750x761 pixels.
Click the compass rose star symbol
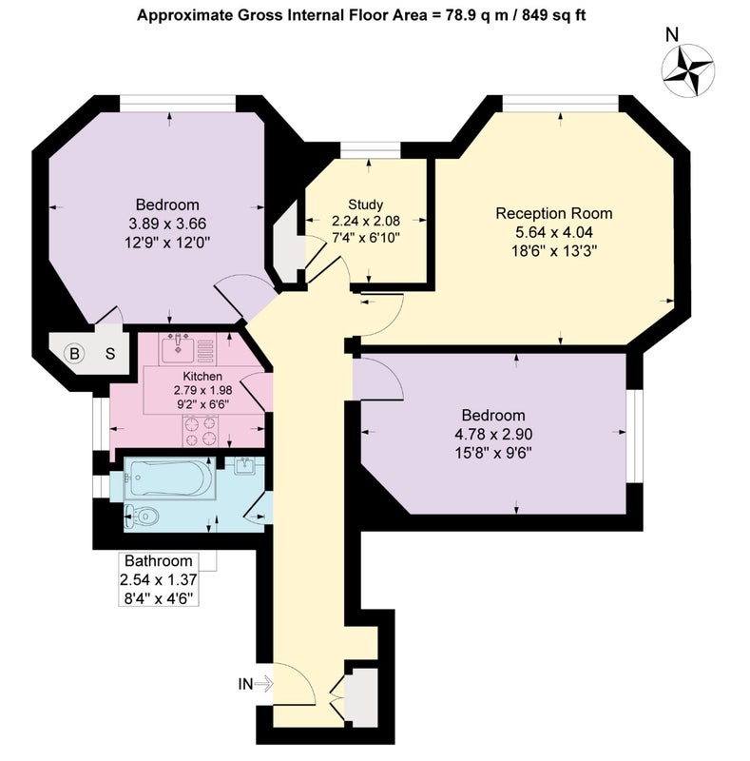(688, 69)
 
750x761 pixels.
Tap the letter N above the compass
(672, 35)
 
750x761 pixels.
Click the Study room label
(365, 205)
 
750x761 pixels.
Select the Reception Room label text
(554, 213)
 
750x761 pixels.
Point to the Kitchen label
(202, 376)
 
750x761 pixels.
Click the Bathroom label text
(159, 561)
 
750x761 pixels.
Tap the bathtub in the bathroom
(169, 478)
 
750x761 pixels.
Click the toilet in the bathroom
(142, 517)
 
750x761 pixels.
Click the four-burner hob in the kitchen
(201, 431)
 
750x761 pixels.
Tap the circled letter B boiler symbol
(74, 353)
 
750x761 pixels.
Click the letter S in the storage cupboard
(110, 354)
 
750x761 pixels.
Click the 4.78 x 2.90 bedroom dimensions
(493, 434)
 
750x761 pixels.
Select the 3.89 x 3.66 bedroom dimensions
(167, 224)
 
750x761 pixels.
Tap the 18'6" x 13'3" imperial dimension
(554, 251)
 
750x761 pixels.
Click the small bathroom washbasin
(246, 466)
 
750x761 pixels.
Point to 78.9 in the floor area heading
(462, 15)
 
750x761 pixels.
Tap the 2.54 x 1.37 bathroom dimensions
(159, 579)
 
